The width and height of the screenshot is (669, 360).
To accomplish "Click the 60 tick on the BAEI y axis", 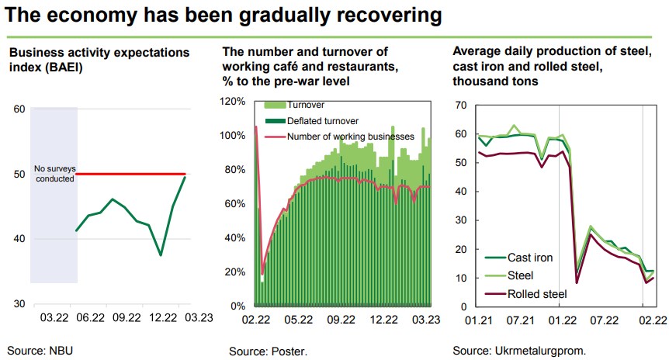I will pyautogui.click(x=19, y=109).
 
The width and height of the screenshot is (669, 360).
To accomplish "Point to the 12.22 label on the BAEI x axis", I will pyautogui.click(x=162, y=317).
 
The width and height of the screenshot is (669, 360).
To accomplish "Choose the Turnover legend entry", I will pyautogui.click(x=305, y=105).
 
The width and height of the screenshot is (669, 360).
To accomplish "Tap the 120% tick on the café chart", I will pyautogui.click(x=234, y=102).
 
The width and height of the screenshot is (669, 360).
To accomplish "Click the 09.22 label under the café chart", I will pyautogui.click(x=341, y=318).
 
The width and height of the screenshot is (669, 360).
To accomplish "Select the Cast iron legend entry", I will pyautogui.click(x=528, y=258).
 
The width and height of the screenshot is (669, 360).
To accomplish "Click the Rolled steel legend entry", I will pyautogui.click(x=536, y=294).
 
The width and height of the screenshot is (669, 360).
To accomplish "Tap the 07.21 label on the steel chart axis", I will pyautogui.click(x=518, y=318).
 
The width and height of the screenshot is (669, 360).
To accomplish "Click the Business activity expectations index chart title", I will pyautogui.click(x=99, y=60).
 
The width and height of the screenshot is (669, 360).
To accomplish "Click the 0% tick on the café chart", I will pyautogui.click(x=238, y=305).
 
